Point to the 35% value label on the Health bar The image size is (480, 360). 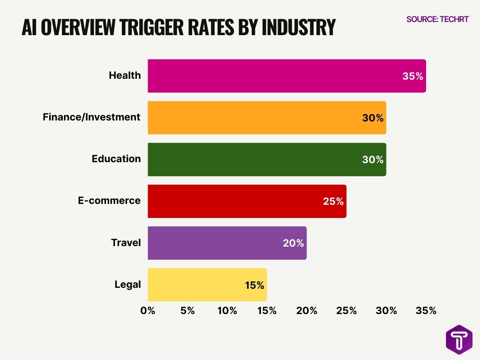412,76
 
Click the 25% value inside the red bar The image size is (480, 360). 333,202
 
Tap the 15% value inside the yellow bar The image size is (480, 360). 255,285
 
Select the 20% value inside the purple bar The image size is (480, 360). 294,243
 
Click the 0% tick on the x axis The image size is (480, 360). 148,311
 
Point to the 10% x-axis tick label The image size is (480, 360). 227,311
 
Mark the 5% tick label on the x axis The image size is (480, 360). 187,311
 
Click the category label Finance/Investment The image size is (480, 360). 91,117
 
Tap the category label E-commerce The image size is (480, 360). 109,201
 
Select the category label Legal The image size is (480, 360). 127,285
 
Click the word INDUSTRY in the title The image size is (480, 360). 298,28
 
